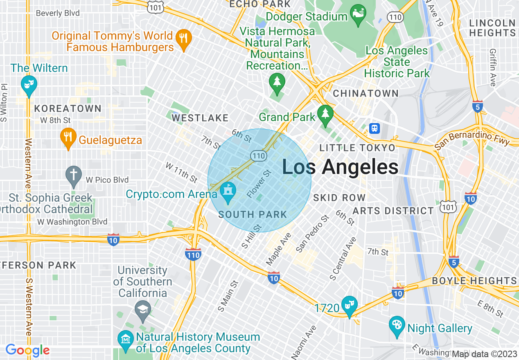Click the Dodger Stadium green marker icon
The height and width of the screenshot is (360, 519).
358,16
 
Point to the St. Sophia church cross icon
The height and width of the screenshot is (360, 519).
74,176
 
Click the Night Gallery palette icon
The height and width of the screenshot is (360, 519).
397,326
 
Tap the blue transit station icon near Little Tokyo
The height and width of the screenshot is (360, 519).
374,128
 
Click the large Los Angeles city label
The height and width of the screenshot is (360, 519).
340,167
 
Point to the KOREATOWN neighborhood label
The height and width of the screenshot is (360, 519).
68,108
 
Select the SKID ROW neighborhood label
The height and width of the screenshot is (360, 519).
339,198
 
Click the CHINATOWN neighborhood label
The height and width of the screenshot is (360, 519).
366,94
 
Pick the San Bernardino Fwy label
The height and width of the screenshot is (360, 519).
472,142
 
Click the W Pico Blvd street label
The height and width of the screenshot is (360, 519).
107,180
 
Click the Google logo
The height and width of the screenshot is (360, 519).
27,350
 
